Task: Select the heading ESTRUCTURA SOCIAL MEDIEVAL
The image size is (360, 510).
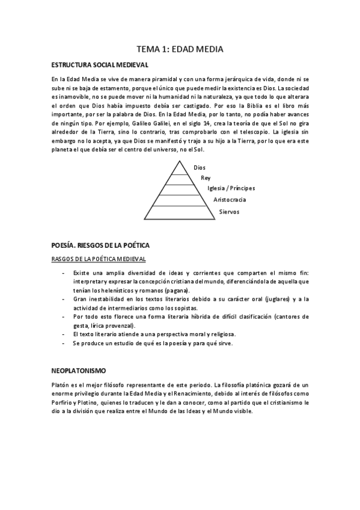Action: [100, 64]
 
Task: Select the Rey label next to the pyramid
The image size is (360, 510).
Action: [206, 178]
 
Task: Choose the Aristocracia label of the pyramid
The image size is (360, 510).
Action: [230, 199]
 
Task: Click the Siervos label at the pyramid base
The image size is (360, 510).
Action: [229, 211]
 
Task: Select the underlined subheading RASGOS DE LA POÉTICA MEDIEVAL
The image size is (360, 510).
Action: [99, 259]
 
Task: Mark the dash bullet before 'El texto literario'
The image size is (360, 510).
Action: [64, 334]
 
